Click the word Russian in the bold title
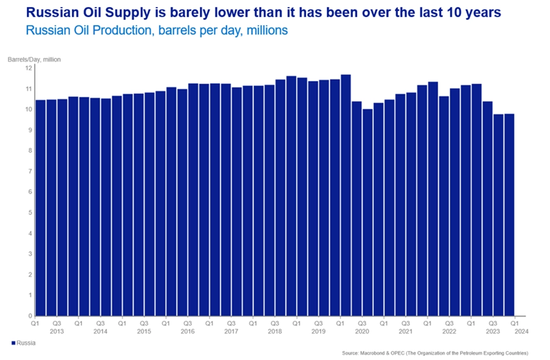pos(37,12)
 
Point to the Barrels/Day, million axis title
pos(34,59)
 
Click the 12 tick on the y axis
pos(27,68)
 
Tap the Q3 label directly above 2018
pos(274,323)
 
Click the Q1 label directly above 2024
pos(514,323)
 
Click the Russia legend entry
pos(23,343)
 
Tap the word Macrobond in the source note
pos(375,353)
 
